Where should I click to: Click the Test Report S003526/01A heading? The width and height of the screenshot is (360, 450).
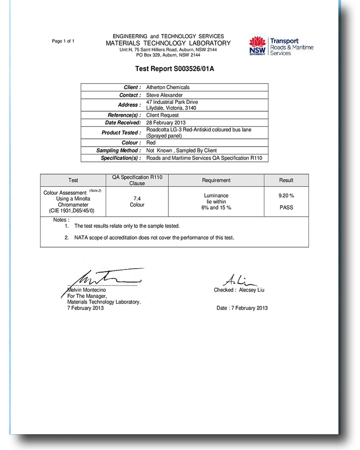click(x=174, y=69)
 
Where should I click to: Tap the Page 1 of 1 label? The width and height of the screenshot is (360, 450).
click(x=63, y=41)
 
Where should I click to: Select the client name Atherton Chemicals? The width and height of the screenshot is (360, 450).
click(x=168, y=87)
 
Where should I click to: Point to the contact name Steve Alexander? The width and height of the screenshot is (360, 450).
click(x=165, y=95)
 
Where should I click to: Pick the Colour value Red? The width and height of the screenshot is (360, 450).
click(x=151, y=143)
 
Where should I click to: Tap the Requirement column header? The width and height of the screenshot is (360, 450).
click(x=216, y=180)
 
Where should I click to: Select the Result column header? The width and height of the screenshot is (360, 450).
click(x=286, y=180)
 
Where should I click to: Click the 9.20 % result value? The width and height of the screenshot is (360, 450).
click(x=286, y=196)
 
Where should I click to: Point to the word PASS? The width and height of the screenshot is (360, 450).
click(x=286, y=207)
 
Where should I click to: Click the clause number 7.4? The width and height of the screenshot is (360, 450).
click(x=137, y=198)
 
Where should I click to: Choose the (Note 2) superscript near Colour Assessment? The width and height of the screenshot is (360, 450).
click(x=95, y=191)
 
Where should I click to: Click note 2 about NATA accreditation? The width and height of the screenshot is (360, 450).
click(x=154, y=237)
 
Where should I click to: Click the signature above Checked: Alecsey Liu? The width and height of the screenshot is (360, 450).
click(x=236, y=280)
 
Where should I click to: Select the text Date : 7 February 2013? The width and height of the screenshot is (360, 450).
click(x=242, y=308)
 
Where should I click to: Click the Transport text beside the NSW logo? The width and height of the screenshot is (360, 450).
click(x=284, y=41)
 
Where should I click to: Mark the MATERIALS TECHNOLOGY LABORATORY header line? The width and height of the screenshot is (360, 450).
click(x=168, y=43)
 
